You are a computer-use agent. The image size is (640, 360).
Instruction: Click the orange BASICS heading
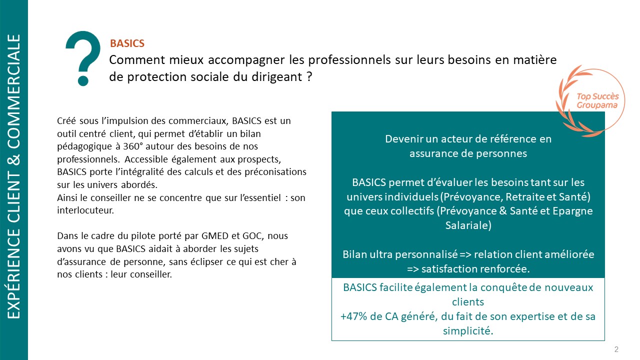[x=127, y=44]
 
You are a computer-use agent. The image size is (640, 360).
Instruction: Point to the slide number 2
[x=616, y=349]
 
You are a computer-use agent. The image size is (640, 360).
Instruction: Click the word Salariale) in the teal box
[x=468, y=225]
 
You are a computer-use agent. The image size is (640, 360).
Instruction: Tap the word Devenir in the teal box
[x=401, y=139]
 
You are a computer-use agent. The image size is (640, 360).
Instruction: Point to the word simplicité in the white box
[x=467, y=330]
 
